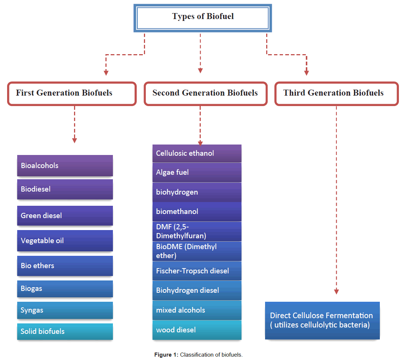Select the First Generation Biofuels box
pyautogui.click(x=72, y=93)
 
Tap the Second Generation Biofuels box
pyautogui.click(x=206, y=93)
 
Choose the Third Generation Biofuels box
pyautogui.click(x=336, y=93)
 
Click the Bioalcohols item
pyautogui.click(x=65, y=165)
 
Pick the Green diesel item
pyautogui.click(x=65, y=215)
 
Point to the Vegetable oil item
pyautogui.click(x=65, y=240)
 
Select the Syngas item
pyautogui.click(x=65, y=310)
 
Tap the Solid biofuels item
pyautogui.click(x=65, y=331)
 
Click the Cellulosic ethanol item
pyautogui.click(x=197, y=153)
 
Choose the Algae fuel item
pyautogui.click(x=197, y=173)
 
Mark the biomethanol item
pyautogui.click(x=197, y=212)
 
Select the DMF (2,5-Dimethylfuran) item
pyautogui.click(x=197, y=232)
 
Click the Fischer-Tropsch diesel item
pyautogui.click(x=197, y=271)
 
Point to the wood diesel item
pyautogui.click(x=197, y=330)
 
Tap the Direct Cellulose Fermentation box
pyautogui.click(x=322, y=320)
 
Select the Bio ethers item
pyautogui.click(x=65, y=266)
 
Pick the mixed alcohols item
pyautogui.click(x=197, y=310)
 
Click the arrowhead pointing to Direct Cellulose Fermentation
pyautogui.click(x=336, y=292)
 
